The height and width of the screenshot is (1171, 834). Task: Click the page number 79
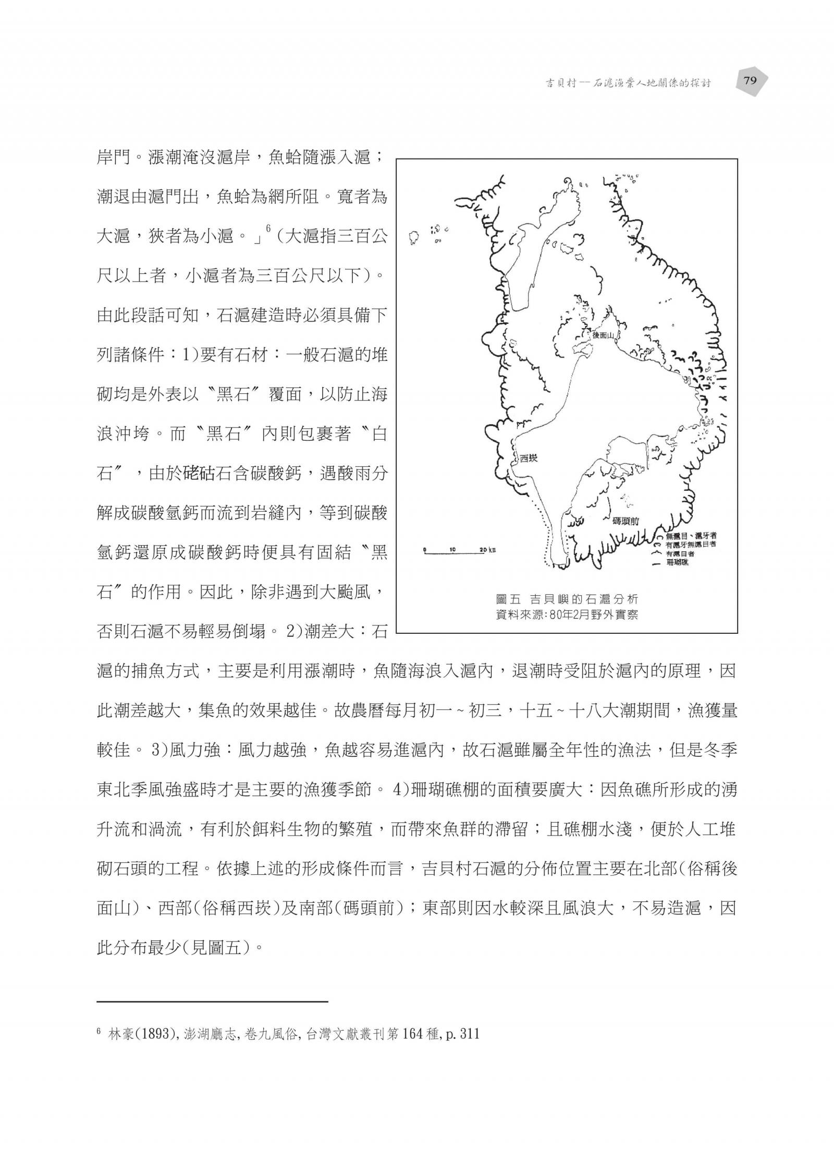750,81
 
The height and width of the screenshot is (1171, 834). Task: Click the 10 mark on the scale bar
452,550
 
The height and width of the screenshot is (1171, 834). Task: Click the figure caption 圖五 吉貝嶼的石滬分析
567,599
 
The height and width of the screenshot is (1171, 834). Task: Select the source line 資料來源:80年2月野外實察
567,614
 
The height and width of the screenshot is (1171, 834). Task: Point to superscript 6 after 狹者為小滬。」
268,228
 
